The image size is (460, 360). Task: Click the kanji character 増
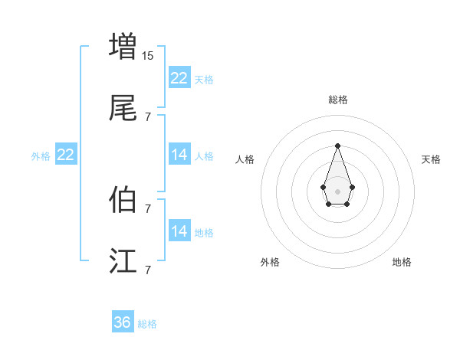tap(123, 45)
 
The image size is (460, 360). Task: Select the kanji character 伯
tap(123, 199)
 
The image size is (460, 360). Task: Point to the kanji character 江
tap(123, 261)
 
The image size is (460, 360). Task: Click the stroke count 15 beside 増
tap(148, 56)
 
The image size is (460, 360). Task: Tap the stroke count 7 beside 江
tap(148, 270)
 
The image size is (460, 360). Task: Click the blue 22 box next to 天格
tap(179, 78)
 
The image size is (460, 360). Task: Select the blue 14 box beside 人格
tap(179, 155)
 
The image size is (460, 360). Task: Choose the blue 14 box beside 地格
tap(179, 231)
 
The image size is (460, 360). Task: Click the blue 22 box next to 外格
tap(66, 155)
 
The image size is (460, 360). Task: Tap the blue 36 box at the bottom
tap(122, 322)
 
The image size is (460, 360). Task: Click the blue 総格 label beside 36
tap(147, 324)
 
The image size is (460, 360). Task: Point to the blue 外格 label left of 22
tap(41, 156)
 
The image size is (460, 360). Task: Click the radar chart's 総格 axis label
tap(337, 100)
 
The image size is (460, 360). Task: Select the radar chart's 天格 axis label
tap(431, 159)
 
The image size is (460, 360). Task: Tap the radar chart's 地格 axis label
tap(402, 262)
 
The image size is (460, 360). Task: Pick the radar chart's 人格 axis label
tap(245, 159)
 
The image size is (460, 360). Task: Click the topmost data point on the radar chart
tap(337, 146)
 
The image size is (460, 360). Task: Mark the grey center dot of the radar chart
tap(337, 191)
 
